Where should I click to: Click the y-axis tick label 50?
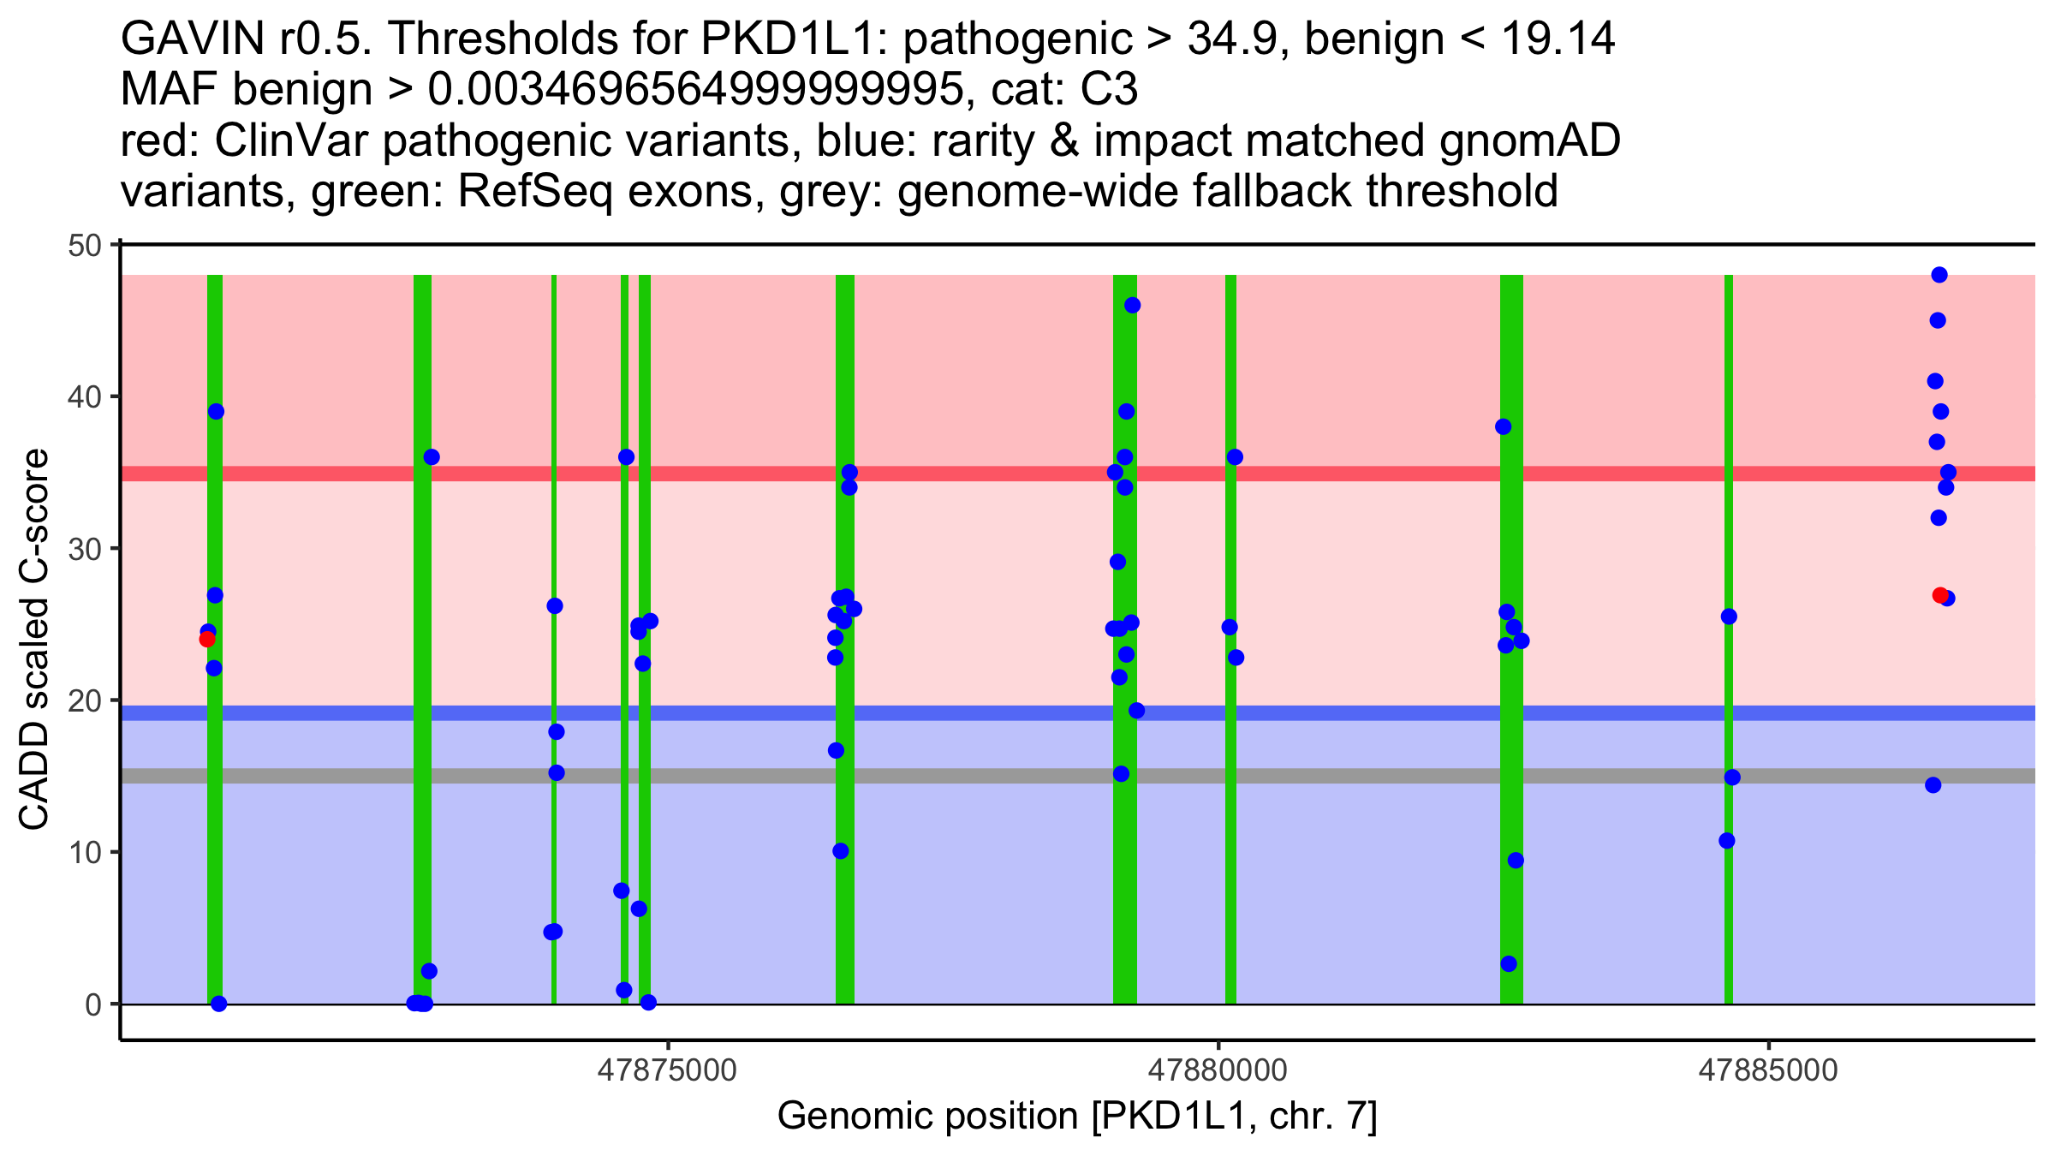pos(83,246)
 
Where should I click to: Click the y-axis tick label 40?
pos(83,397)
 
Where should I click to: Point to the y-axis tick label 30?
pos(83,549)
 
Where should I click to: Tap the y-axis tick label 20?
pos(83,700)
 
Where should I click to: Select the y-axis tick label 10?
pos(83,853)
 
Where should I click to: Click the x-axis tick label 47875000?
pos(668,1070)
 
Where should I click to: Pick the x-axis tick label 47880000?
pos(1218,1070)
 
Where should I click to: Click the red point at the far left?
pos(207,639)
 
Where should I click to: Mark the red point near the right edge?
pos(1940,595)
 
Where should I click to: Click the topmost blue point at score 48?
pos(1939,275)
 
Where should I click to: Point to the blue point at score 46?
pos(1132,305)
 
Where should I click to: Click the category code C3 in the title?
pos(1111,89)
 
